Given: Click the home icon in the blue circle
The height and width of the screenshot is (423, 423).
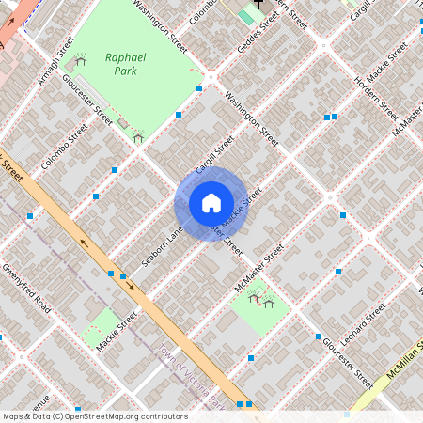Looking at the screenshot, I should coord(211,203).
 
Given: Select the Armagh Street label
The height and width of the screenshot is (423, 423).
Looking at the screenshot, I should coord(56,60).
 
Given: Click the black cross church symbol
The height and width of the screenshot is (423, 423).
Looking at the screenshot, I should coord(258,5).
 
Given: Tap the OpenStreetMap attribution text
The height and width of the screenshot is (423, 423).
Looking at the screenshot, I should coord(94,416).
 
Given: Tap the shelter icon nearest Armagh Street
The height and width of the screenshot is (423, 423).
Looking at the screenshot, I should coord(80,62).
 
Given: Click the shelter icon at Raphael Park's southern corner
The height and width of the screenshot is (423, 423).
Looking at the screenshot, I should coord(138,138).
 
